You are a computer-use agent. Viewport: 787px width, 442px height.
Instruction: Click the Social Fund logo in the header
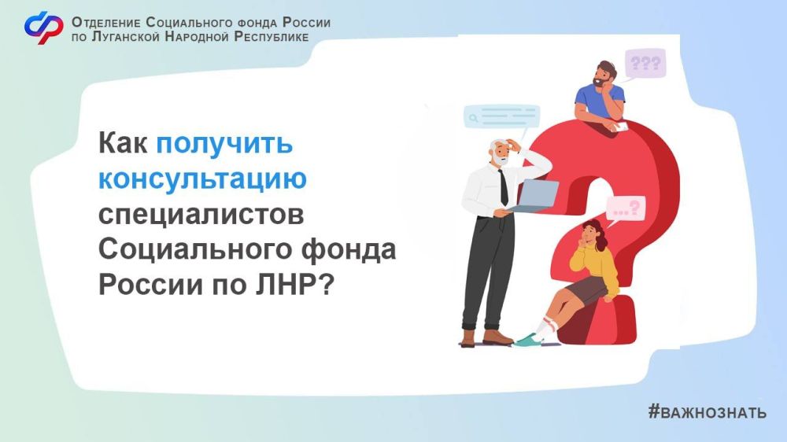tap(43, 28)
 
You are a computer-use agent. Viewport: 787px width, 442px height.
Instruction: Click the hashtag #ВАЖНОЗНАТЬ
tap(707, 412)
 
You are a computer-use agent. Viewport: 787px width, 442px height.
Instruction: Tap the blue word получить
tap(224, 146)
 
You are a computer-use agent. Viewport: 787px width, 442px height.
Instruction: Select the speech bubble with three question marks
tap(645, 63)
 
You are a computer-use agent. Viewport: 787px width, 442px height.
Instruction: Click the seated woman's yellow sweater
tap(596, 263)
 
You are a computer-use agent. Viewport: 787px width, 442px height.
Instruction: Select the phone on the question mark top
tap(620, 127)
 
